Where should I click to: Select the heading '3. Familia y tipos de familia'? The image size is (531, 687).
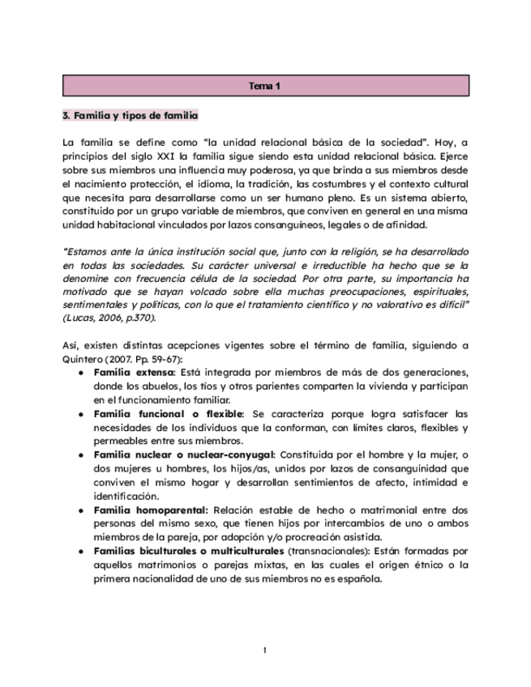pos(130,116)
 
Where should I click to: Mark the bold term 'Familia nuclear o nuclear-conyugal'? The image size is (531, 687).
pos(184,455)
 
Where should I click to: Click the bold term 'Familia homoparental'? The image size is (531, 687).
pos(151,510)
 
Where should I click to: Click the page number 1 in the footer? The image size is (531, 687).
pos(265,651)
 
